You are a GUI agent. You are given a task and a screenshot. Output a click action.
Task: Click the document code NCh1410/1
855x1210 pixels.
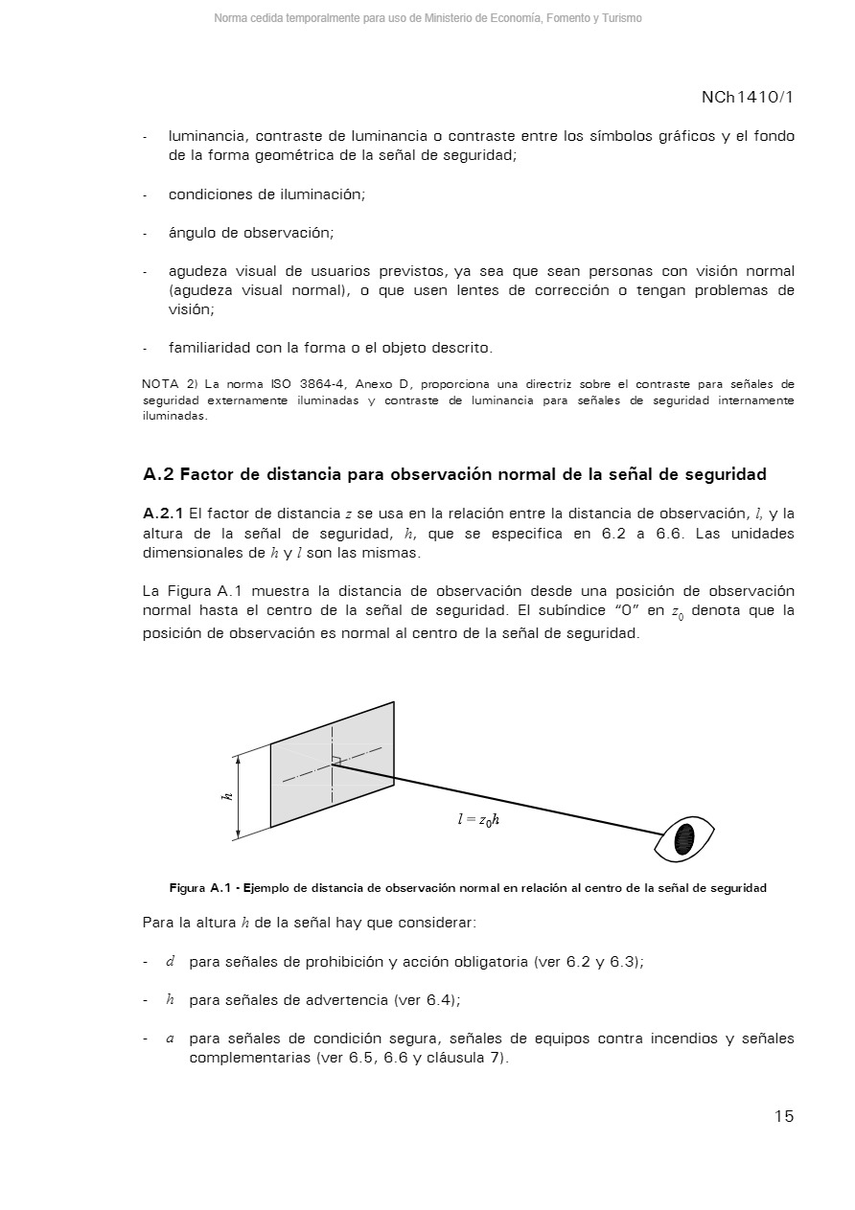coord(747,98)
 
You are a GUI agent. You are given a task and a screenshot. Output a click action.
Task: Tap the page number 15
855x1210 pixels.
coord(784,1116)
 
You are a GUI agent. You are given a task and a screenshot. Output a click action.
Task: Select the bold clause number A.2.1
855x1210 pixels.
coord(162,514)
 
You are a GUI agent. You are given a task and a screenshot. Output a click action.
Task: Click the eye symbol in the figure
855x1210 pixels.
coord(684,839)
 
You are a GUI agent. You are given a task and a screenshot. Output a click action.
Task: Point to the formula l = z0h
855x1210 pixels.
coord(478,819)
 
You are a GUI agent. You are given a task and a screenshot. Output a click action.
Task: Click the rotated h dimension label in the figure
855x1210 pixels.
coord(228,796)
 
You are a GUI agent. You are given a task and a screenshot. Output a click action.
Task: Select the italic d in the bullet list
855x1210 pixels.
coord(170,961)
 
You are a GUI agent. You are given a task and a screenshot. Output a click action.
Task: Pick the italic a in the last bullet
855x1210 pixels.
coord(170,1039)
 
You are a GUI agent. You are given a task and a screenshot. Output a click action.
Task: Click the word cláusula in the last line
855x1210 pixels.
coord(454,1058)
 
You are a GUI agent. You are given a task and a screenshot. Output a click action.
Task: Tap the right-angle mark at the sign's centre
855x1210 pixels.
coord(336,761)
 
